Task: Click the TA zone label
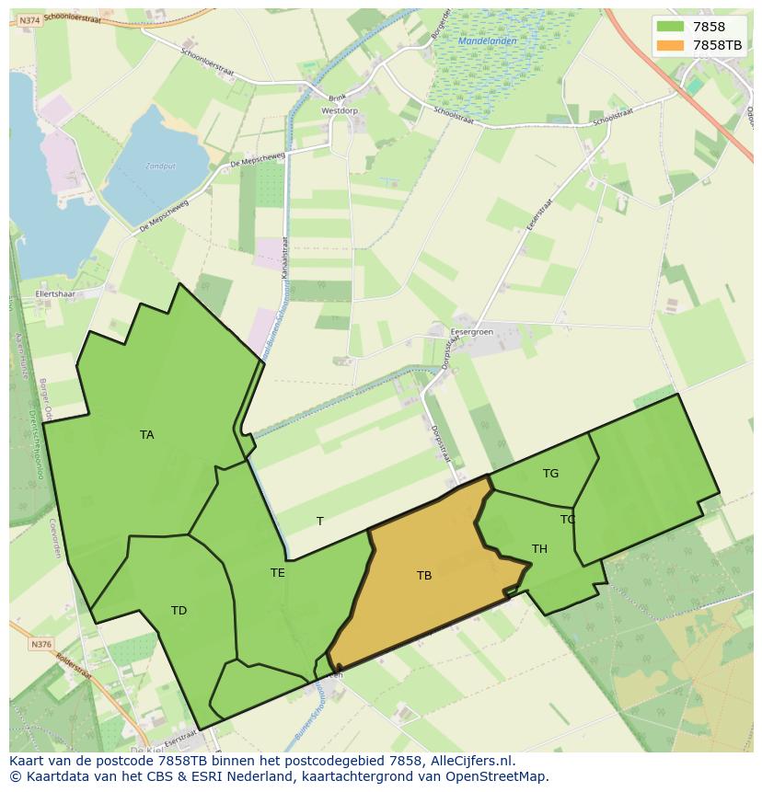146,435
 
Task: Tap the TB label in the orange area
423,576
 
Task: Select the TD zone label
179,611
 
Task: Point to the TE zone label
277,573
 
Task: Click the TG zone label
550,474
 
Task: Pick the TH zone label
539,549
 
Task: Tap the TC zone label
568,520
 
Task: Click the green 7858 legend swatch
671,27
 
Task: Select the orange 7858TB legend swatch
671,44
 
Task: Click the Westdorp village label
339,110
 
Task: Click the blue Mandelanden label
487,41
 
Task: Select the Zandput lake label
160,166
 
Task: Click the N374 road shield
30,20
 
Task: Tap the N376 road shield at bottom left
40,645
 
